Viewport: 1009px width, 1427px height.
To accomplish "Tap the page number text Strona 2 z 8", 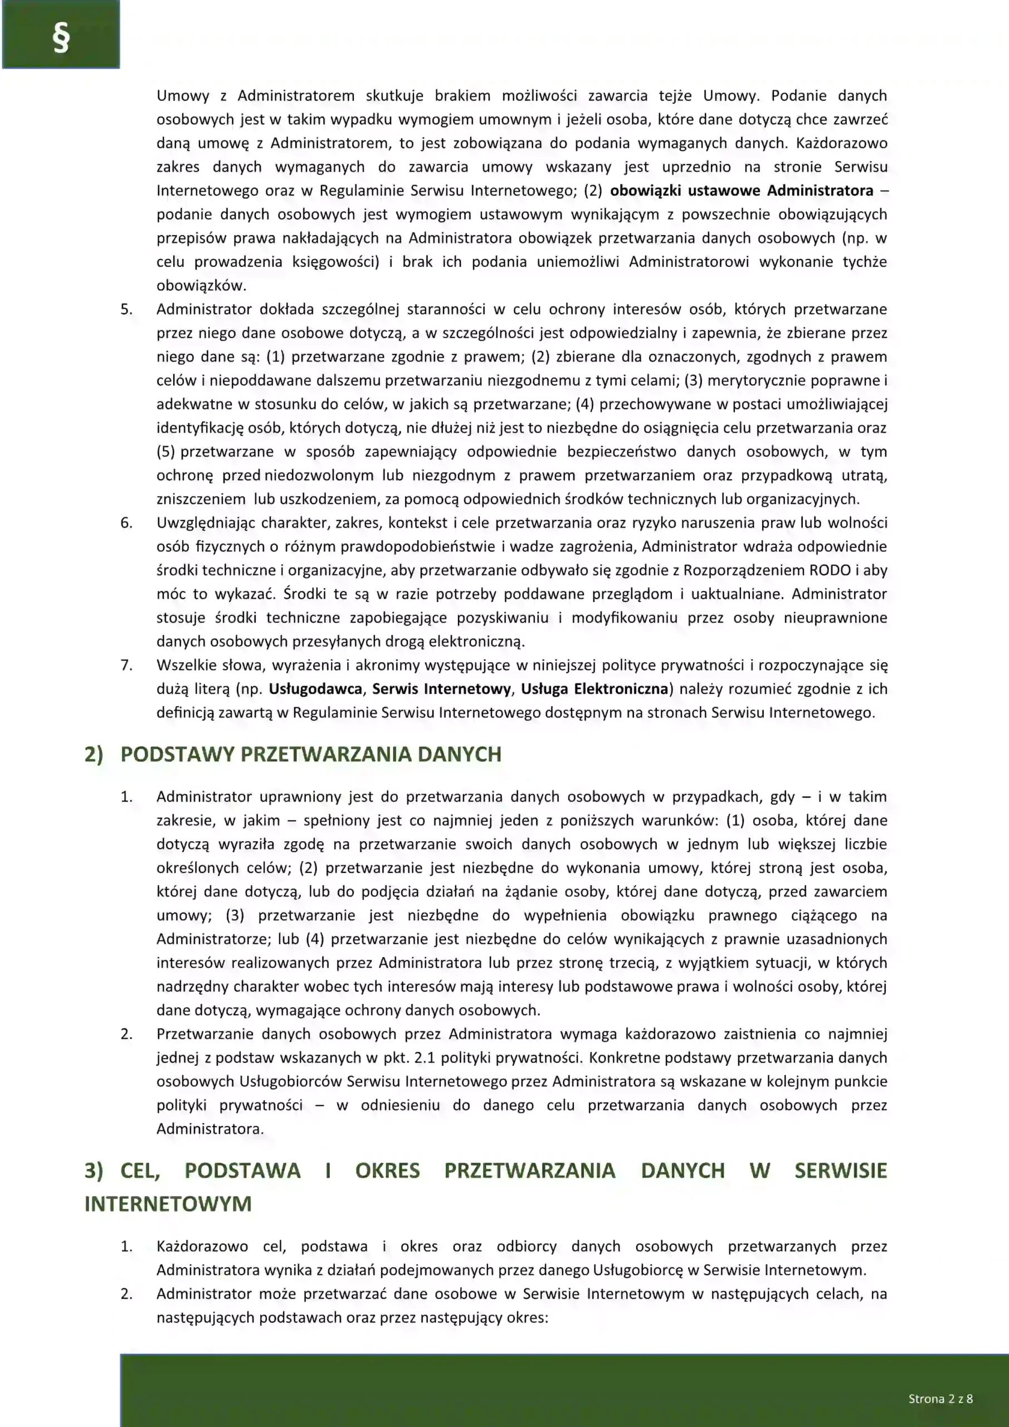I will tap(940, 1399).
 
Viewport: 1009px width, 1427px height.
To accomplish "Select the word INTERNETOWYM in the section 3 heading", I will tap(168, 1204).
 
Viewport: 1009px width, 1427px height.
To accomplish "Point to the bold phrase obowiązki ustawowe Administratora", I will tap(741, 190).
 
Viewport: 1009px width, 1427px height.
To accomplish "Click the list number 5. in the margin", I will tap(126, 309).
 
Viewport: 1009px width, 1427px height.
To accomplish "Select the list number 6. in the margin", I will tap(126, 523).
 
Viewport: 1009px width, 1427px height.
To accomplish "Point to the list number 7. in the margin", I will tap(126, 665).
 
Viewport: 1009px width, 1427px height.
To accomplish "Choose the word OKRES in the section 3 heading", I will tap(387, 1171).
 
